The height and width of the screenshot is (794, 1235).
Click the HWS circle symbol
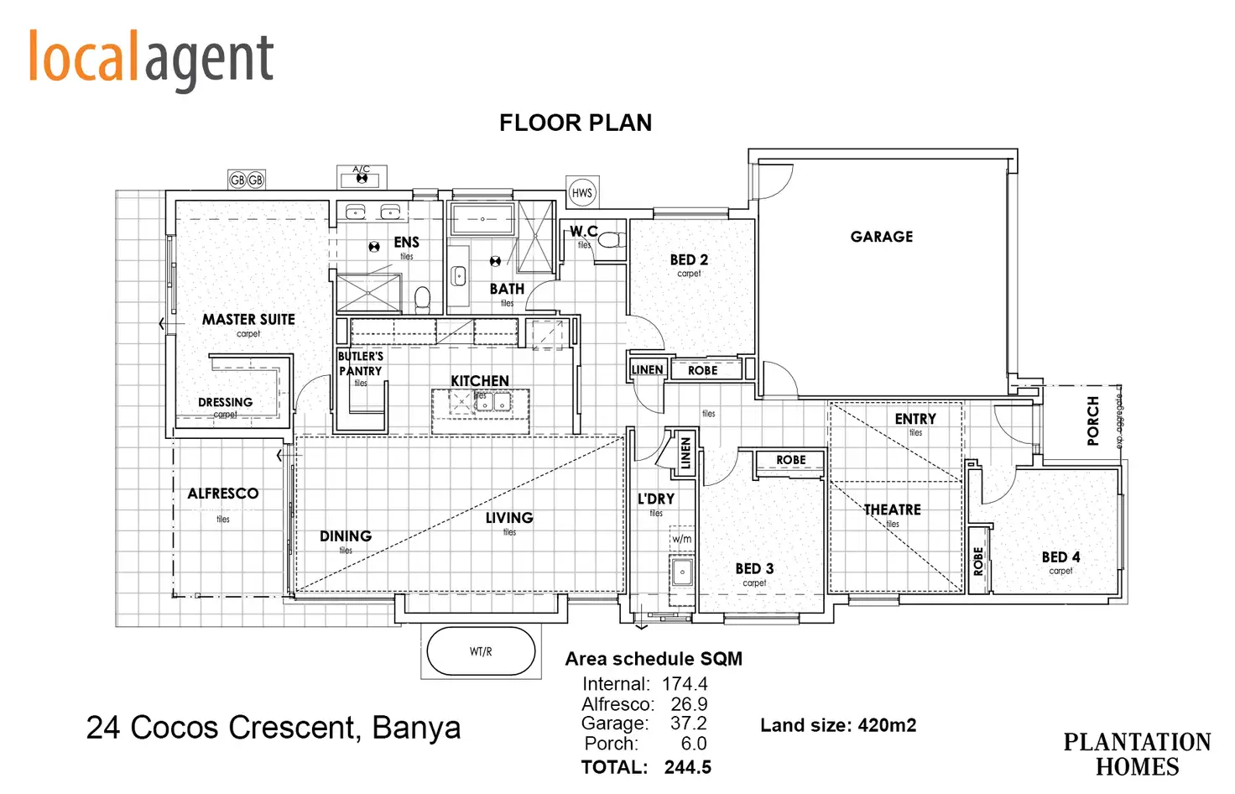tap(581, 193)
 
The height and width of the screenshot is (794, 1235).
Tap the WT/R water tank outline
tap(481, 651)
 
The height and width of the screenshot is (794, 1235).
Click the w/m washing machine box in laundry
tap(682, 539)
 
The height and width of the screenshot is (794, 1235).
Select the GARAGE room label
tap(881, 237)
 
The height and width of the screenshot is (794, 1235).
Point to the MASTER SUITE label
tap(248, 320)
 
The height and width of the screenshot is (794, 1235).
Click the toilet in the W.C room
tap(611, 240)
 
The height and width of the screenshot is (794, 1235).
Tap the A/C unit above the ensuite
tap(362, 177)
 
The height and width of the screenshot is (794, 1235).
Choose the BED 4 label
tap(1060, 557)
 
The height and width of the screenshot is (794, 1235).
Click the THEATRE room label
tap(892, 509)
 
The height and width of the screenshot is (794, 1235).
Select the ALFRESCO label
tap(222, 494)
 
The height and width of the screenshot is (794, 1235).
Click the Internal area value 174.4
tap(685, 684)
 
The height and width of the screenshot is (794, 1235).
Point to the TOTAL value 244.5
tap(687, 767)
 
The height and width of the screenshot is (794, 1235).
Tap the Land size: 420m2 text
tap(838, 725)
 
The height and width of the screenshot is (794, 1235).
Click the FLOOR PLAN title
tap(576, 123)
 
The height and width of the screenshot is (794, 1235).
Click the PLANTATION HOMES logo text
tap(1137, 755)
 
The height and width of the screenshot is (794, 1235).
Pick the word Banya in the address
tap(416, 728)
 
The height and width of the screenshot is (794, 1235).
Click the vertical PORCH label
tap(1092, 421)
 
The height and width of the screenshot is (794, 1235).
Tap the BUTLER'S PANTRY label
tap(361, 363)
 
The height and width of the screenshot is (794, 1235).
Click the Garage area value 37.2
tap(688, 723)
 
